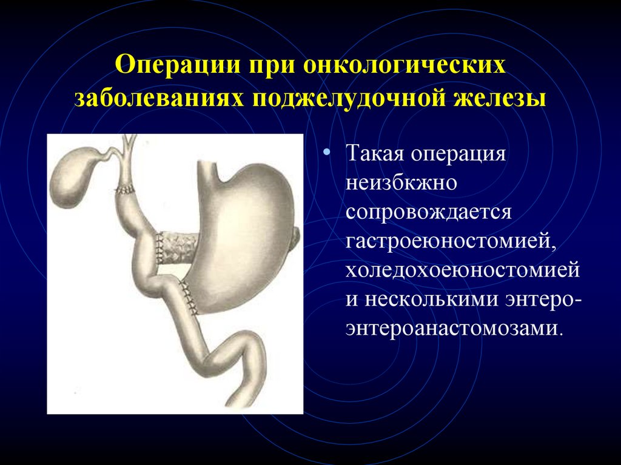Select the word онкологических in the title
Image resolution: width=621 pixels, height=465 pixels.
click(x=404, y=64)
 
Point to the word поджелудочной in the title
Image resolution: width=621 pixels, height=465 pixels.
click(x=349, y=98)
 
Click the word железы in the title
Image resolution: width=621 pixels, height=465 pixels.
click(x=500, y=98)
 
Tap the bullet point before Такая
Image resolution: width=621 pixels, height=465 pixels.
click(x=326, y=152)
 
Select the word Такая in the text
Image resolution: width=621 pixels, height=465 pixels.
click(x=375, y=153)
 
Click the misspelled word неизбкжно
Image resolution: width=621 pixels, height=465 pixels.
click(x=401, y=182)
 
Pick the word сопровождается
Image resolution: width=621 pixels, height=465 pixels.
click(x=429, y=213)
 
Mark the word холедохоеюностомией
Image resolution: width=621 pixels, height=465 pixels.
click(x=463, y=270)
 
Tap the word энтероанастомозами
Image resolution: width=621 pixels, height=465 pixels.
click(x=454, y=329)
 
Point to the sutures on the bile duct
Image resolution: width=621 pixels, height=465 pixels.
click(x=125, y=190)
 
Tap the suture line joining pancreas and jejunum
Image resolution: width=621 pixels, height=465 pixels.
click(x=159, y=249)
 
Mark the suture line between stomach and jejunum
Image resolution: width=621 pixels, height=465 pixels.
click(x=188, y=298)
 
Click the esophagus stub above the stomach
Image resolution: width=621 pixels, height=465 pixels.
click(x=207, y=170)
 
